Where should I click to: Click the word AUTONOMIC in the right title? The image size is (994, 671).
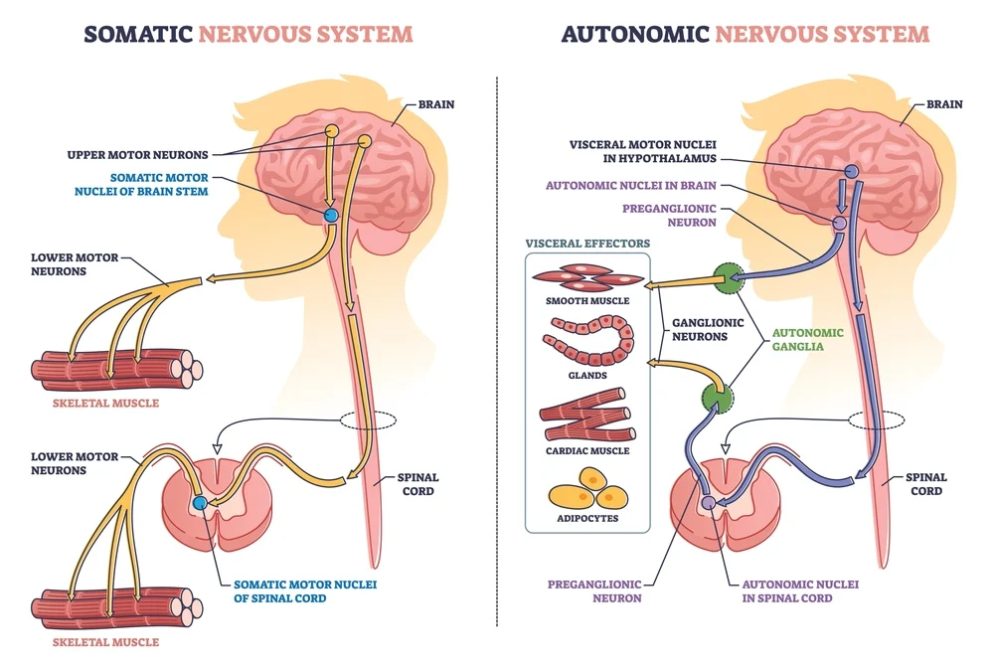pos(634,34)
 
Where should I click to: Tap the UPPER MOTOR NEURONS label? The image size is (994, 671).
pos(137,154)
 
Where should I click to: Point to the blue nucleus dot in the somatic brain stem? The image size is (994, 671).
pos(331,215)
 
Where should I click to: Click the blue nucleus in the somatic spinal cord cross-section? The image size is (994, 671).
pos(201,503)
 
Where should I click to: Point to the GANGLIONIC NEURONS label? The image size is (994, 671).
pos(703,329)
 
